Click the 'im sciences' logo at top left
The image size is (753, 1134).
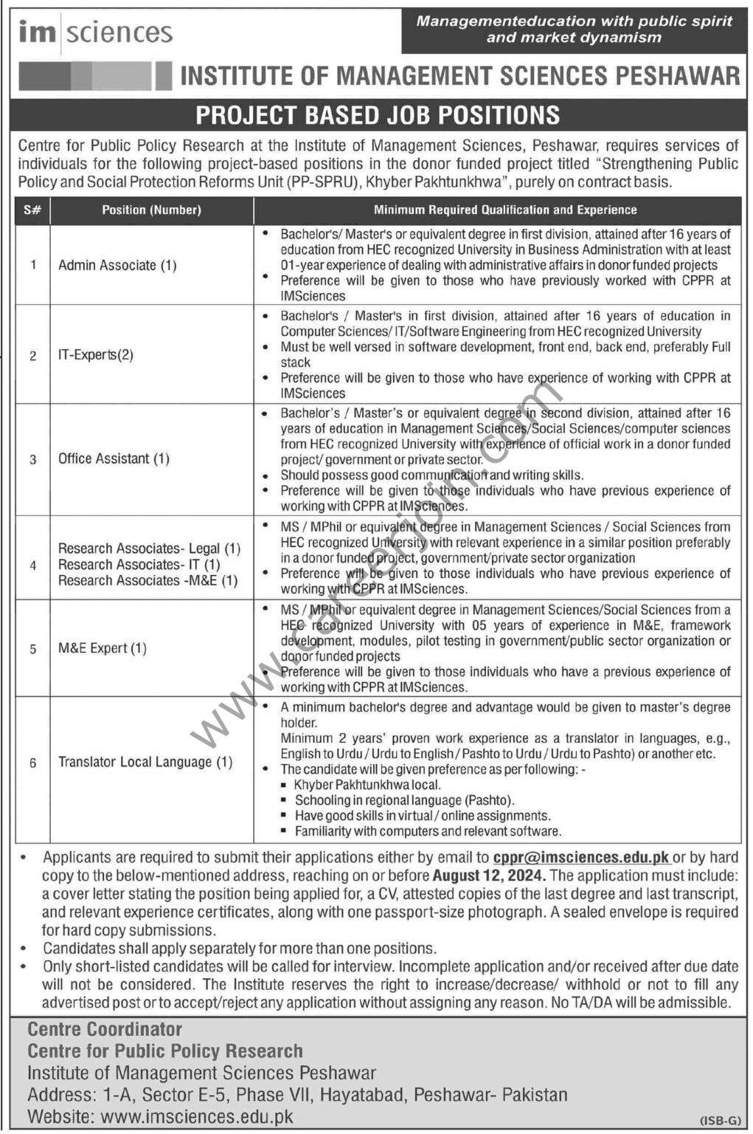pos(96,32)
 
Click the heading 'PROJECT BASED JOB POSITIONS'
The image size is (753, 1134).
pos(377,115)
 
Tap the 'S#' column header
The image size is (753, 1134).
pos(32,210)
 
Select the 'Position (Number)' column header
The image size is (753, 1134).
pos(151,210)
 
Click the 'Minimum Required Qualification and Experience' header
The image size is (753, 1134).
pos(505,210)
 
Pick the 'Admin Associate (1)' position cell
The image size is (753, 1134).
pos(117,265)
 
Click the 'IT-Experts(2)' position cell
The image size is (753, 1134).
pos(96,355)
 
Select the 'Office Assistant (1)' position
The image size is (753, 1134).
pos(114,458)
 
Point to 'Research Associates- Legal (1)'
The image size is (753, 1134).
pos(149,549)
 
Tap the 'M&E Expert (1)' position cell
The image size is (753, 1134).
pos(102,648)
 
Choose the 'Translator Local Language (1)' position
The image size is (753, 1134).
pos(145,762)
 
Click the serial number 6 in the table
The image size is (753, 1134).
pos(32,763)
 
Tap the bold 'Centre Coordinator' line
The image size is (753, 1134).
pos(105,1029)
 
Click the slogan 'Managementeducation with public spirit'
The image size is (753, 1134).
pos(574,21)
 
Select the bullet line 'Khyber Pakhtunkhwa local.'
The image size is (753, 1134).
pos(367,785)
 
